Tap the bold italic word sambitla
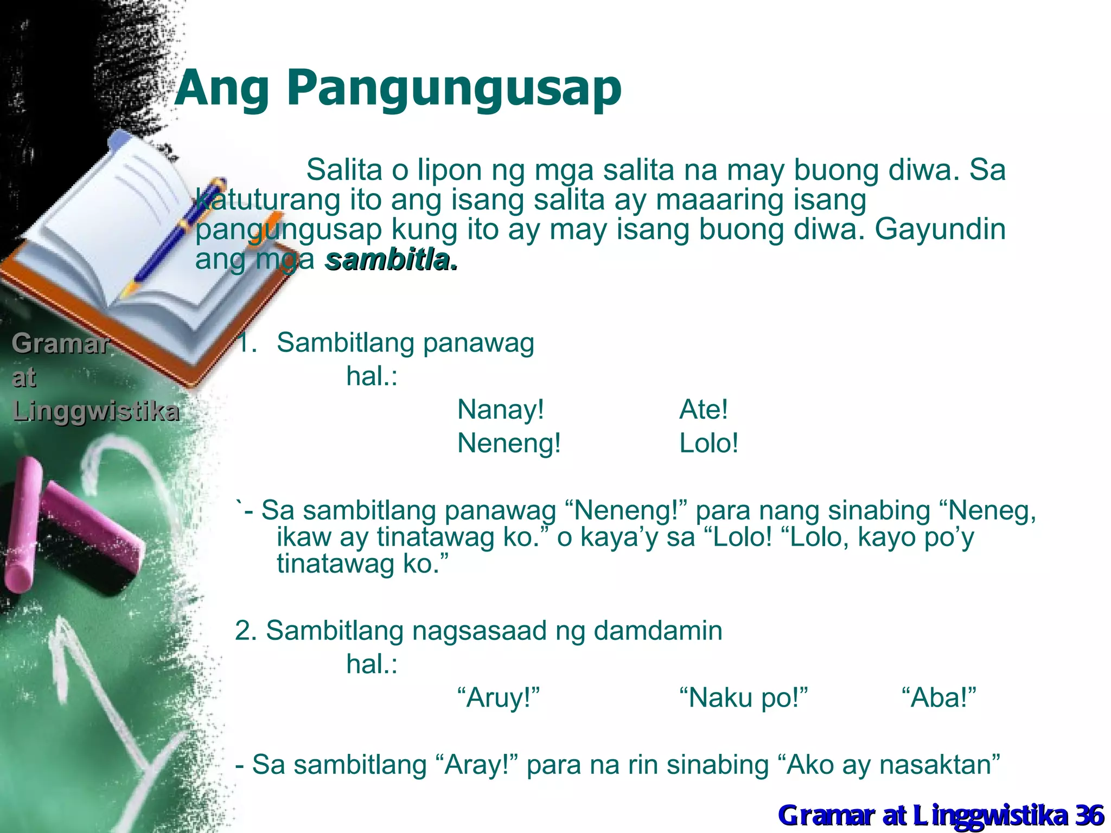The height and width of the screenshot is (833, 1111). coord(391,261)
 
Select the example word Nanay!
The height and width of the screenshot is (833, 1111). coord(500,409)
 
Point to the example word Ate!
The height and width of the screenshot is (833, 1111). coord(703,409)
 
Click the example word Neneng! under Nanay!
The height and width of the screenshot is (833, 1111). coord(509,444)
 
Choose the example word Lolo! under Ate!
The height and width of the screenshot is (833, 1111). coord(708,444)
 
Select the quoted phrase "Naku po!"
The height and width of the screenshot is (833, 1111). coord(744,698)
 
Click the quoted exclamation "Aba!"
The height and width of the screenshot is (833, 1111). coord(938,698)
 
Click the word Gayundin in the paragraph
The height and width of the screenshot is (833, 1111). coord(940,229)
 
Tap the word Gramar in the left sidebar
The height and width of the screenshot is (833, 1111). coord(60,344)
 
